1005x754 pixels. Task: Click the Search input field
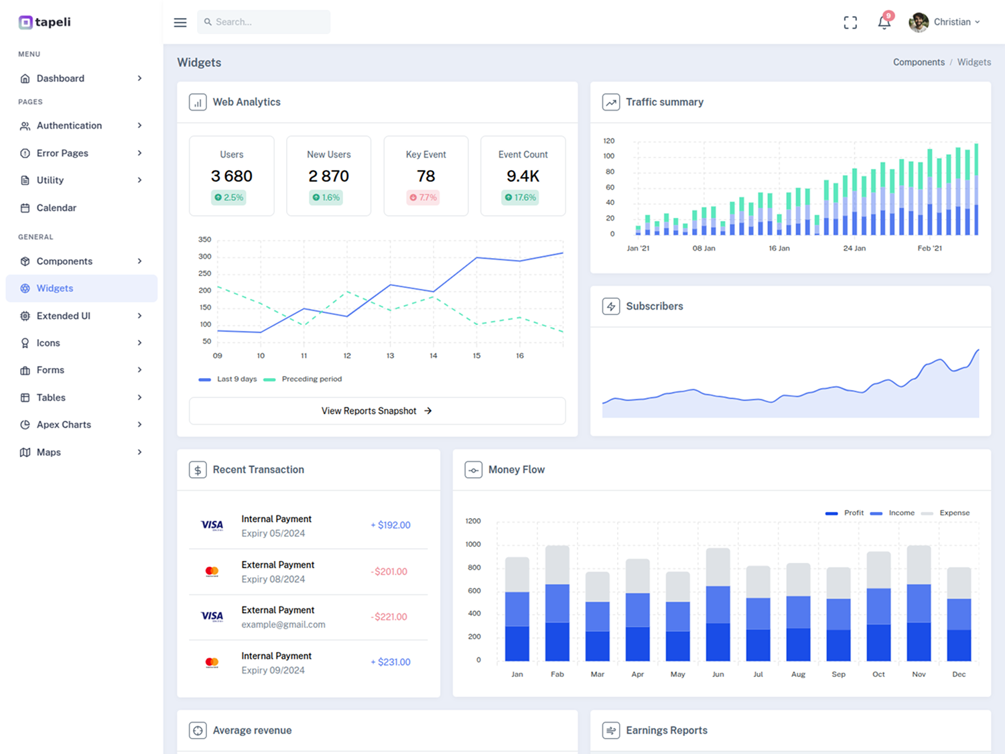pyautogui.click(x=263, y=22)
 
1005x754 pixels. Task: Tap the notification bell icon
pyautogui.click(x=884, y=22)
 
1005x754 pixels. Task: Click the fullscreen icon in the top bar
pyautogui.click(x=850, y=22)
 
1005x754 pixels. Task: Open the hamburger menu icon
pyautogui.click(x=180, y=22)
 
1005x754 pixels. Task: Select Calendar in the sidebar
pyautogui.click(x=56, y=208)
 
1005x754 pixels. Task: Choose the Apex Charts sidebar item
pyautogui.click(x=64, y=425)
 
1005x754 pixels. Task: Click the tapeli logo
pyautogui.click(x=45, y=22)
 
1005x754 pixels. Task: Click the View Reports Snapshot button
pyautogui.click(x=377, y=411)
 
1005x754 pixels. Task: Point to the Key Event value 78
pyautogui.click(x=426, y=176)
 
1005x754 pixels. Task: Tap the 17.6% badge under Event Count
pyautogui.click(x=520, y=198)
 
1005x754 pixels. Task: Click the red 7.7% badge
pyautogui.click(x=423, y=198)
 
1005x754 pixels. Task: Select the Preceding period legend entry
pyautogui.click(x=303, y=379)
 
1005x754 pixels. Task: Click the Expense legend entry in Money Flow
pyautogui.click(x=945, y=513)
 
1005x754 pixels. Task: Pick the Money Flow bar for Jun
pyautogui.click(x=718, y=605)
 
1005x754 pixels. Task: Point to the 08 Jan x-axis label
pyautogui.click(x=703, y=248)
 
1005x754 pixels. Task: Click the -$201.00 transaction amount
pyautogui.click(x=389, y=572)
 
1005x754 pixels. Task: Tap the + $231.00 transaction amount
pyautogui.click(x=391, y=662)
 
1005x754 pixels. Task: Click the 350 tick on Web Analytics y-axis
pyautogui.click(x=204, y=239)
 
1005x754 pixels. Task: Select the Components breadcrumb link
pyautogui.click(x=919, y=62)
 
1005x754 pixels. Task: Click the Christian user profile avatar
pyautogui.click(x=919, y=22)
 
